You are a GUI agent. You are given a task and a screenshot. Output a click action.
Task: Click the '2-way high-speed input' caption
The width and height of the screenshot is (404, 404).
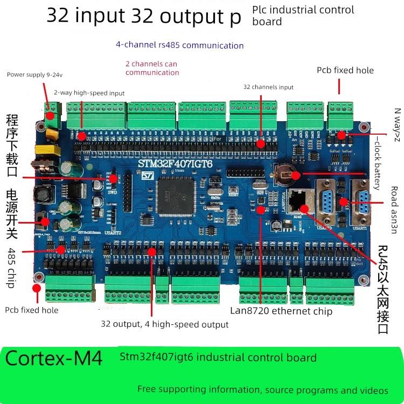coord(89,93)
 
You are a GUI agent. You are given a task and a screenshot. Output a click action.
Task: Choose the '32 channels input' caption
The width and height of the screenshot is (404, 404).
coord(268,87)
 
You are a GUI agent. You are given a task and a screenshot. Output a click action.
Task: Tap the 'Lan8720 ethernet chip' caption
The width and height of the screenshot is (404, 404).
coord(281,311)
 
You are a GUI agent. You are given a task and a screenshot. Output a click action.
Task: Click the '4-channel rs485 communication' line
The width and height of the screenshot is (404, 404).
coord(179,45)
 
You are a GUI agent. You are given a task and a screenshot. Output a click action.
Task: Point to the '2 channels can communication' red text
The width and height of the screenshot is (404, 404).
coord(152,68)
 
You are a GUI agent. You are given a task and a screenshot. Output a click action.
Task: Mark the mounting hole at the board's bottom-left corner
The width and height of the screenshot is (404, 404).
coord(39,277)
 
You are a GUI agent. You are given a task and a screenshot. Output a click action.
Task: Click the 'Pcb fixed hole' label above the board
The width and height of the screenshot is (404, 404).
coord(345,70)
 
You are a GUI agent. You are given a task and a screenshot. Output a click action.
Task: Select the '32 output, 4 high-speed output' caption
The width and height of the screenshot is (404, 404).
coord(164,324)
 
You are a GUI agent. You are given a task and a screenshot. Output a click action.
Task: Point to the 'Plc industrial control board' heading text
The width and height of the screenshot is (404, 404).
coord(303,15)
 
